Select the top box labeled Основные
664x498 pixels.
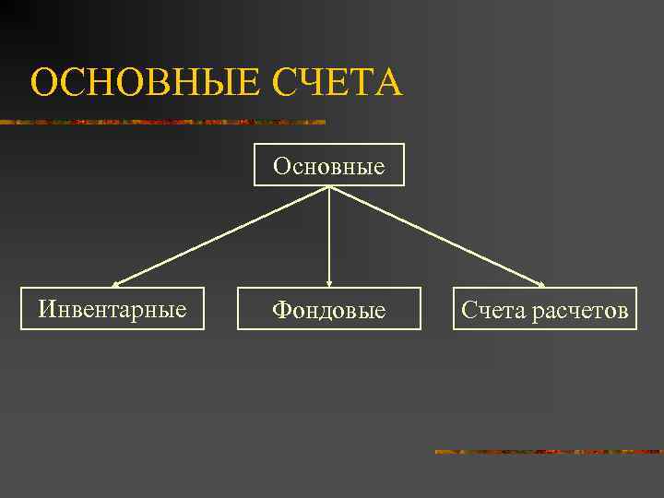pos(329,165)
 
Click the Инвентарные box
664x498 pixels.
pos(113,309)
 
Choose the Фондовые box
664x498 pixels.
pos(329,309)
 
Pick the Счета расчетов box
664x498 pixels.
pos(544,309)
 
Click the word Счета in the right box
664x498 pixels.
pos(493,310)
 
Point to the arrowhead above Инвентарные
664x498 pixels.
pos(115,284)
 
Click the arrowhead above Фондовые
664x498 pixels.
pos(329,283)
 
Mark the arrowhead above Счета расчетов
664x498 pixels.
pos(541,283)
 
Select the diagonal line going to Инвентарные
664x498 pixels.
pos(221,235)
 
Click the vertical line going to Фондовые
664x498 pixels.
pos(329,235)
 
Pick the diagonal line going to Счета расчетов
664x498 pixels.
pos(435,235)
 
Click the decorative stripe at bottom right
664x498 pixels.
pos(549,452)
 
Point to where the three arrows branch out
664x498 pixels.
pos(329,188)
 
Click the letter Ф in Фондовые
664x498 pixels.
pos(280,311)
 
